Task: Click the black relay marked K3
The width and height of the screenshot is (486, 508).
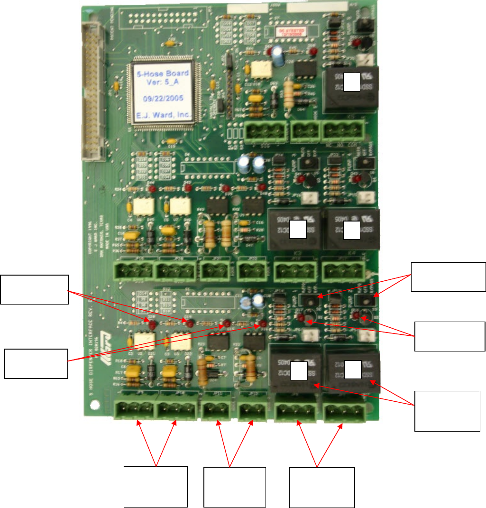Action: [x=296, y=229]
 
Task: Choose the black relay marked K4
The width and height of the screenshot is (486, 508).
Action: [x=351, y=229]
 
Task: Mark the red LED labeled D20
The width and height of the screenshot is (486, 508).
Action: [x=152, y=323]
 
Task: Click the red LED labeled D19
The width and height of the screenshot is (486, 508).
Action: [x=189, y=323]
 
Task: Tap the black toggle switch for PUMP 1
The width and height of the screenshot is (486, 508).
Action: [x=311, y=300]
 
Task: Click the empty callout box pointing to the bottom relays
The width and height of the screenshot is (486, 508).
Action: [x=447, y=411]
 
